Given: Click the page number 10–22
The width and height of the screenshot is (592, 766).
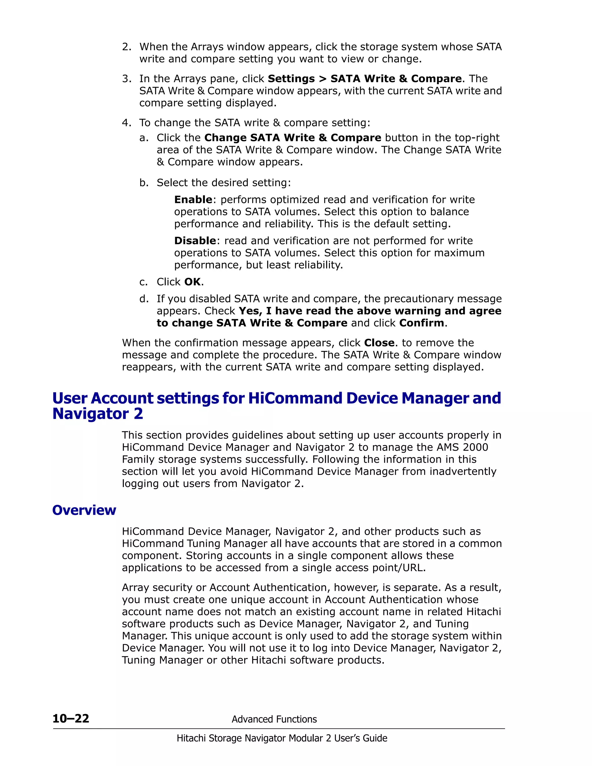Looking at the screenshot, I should click(71, 719).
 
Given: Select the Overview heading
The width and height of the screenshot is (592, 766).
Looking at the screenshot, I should click(84, 510).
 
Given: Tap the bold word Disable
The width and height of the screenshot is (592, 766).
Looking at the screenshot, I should click(195, 240).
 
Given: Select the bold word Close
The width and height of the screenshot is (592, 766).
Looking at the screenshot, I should click(379, 343).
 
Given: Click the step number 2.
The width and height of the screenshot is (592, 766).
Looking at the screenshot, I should click(126, 47).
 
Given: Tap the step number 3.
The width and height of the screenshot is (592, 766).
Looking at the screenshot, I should click(126, 79).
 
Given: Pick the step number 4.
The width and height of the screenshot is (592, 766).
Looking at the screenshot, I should click(126, 123).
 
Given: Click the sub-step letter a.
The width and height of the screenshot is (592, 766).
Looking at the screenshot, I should click(143, 138).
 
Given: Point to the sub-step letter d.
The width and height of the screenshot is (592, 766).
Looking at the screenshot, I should click(143, 299).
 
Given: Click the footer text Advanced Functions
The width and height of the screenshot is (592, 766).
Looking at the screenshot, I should click(274, 719).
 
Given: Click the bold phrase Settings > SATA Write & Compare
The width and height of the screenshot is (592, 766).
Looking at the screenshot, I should click(365, 79).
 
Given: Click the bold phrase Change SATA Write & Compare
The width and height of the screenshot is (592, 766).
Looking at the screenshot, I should click(293, 138).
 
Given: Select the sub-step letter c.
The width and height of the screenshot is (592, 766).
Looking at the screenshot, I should click(143, 282).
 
